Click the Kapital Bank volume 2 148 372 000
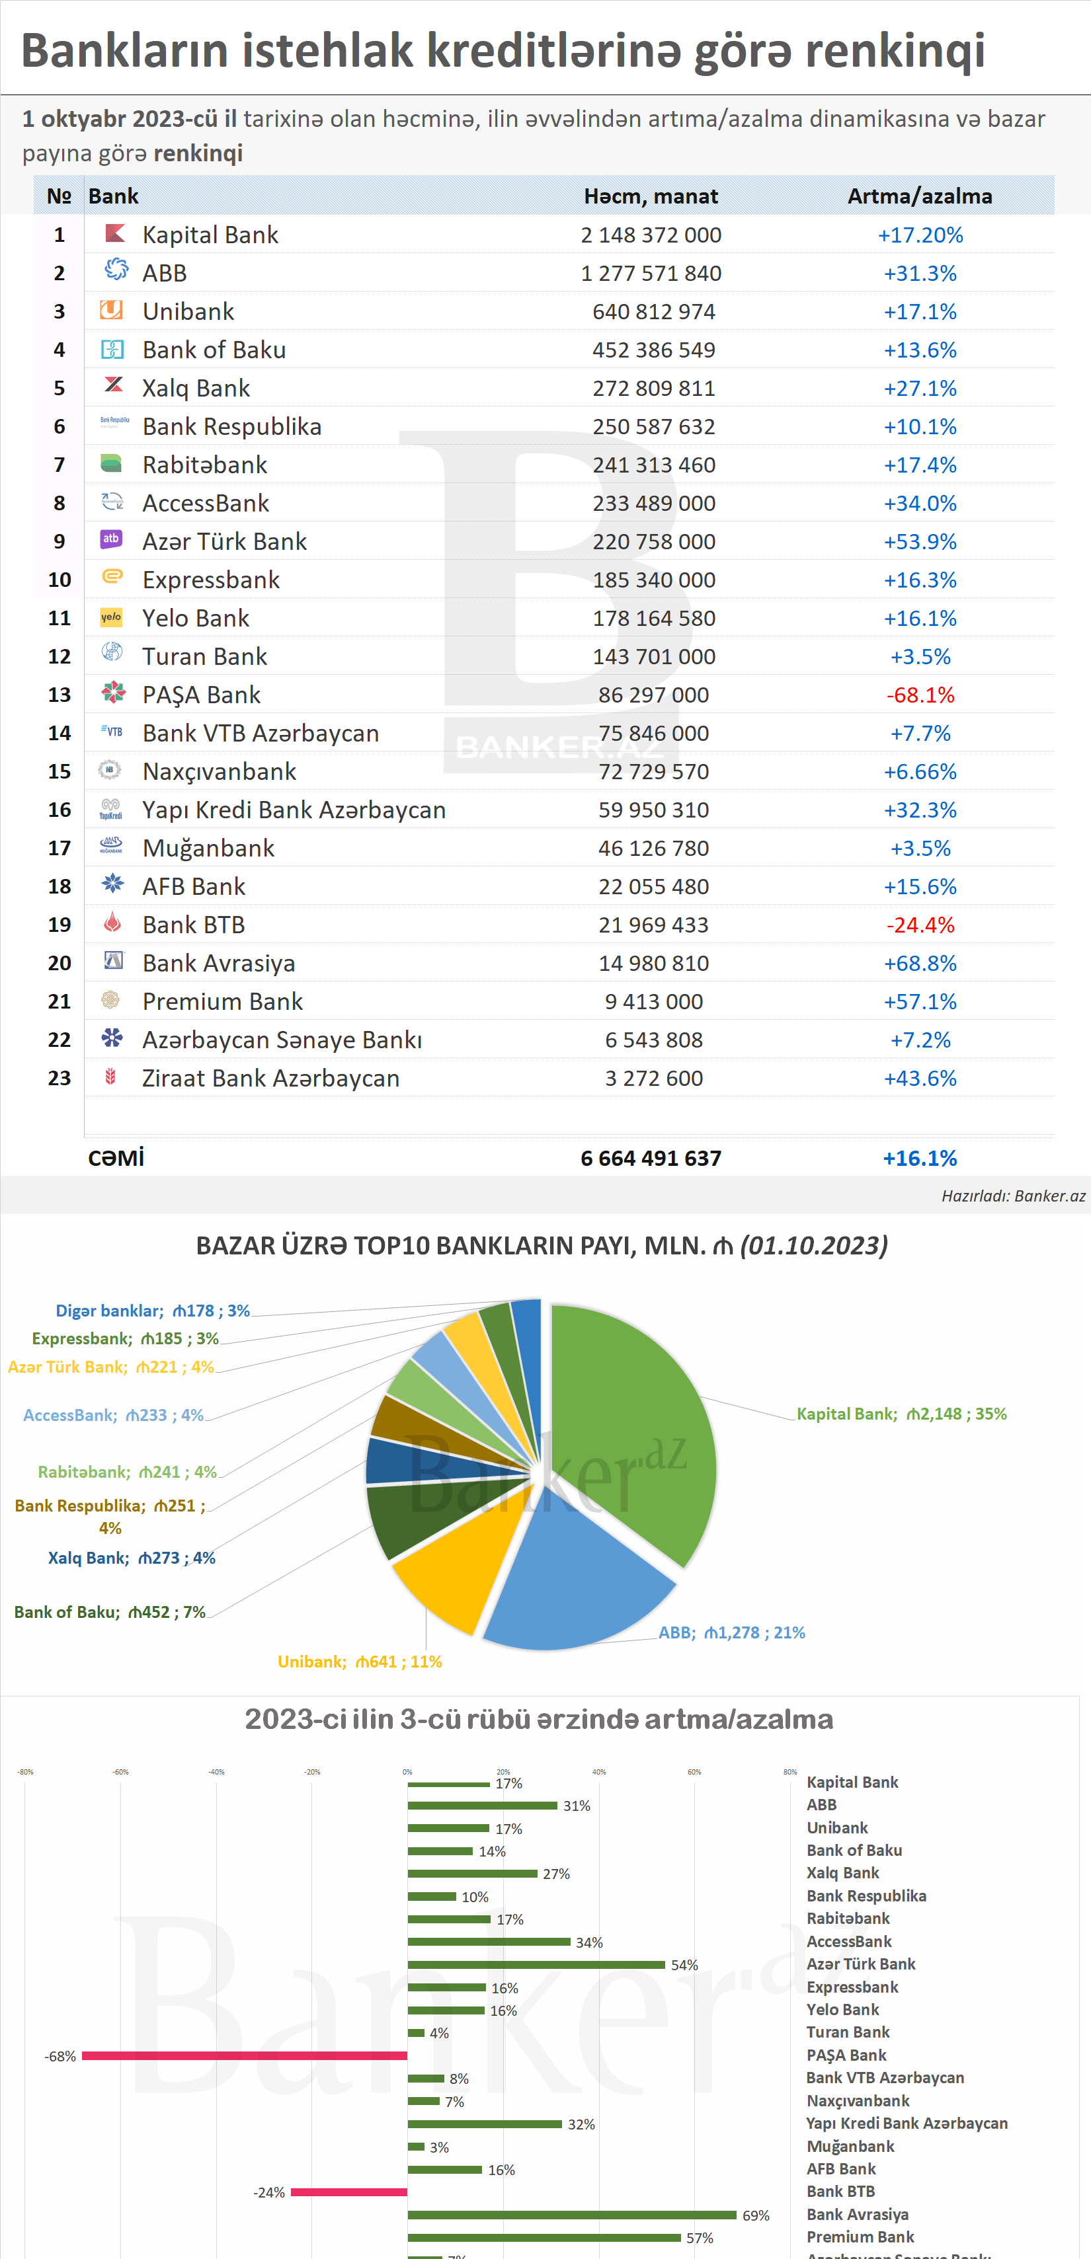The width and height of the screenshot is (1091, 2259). pyautogui.click(x=651, y=235)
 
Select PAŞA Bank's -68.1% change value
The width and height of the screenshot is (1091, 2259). pyautogui.click(x=920, y=695)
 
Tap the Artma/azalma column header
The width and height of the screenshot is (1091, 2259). pyautogui.click(x=919, y=196)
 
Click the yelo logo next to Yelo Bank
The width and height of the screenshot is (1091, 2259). pyautogui.click(x=111, y=617)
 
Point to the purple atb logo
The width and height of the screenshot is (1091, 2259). pyautogui.click(x=111, y=539)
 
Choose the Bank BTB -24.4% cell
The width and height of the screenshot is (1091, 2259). pyautogui.click(x=920, y=925)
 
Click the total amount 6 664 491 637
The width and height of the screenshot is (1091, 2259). pyautogui.click(x=651, y=1159)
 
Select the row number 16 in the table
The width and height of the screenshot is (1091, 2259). pyautogui.click(x=60, y=810)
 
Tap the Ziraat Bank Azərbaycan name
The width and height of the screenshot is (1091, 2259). pyautogui.click(x=271, y=1079)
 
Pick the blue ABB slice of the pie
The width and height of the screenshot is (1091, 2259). pyautogui.click(x=570, y=1588)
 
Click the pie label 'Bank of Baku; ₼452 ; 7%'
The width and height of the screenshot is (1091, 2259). pyautogui.click(x=110, y=1612)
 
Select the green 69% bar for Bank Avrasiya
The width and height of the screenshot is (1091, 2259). pyautogui.click(x=571, y=2215)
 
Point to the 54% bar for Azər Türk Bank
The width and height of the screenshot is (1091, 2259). pyautogui.click(x=536, y=1964)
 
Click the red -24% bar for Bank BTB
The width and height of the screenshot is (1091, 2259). pyautogui.click(x=349, y=2192)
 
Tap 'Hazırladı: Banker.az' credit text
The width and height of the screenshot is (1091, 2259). pyautogui.click(x=1013, y=1196)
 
